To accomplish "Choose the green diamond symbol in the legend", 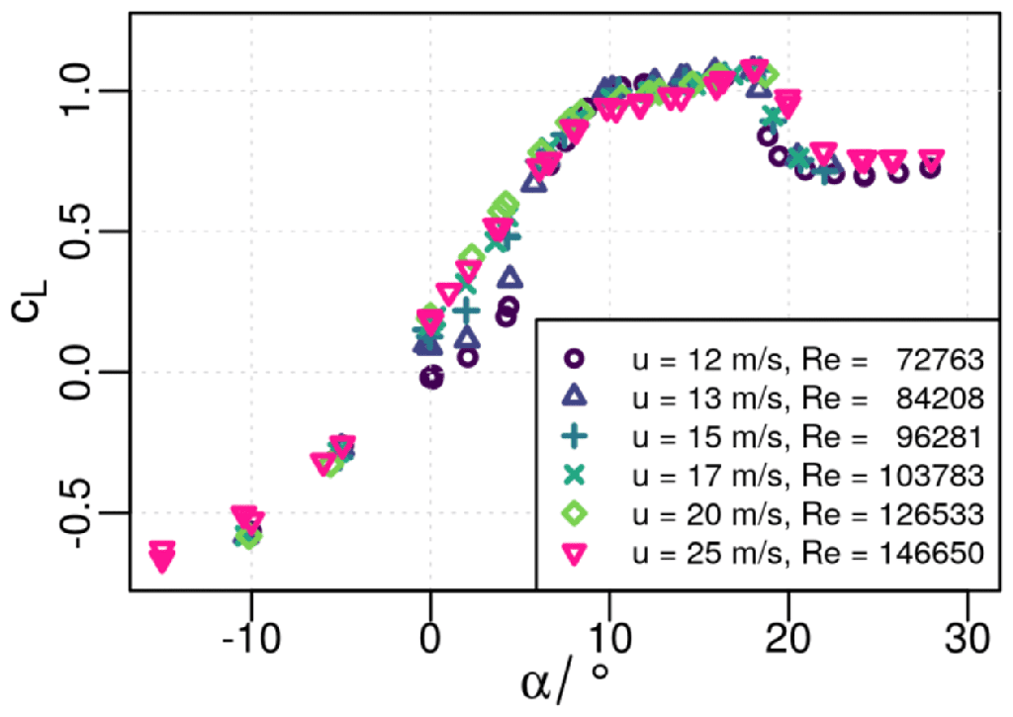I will [575, 513].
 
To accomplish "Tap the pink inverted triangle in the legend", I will [575, 553].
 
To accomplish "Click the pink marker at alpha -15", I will [161, 556].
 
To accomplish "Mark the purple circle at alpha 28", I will [930, 167].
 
